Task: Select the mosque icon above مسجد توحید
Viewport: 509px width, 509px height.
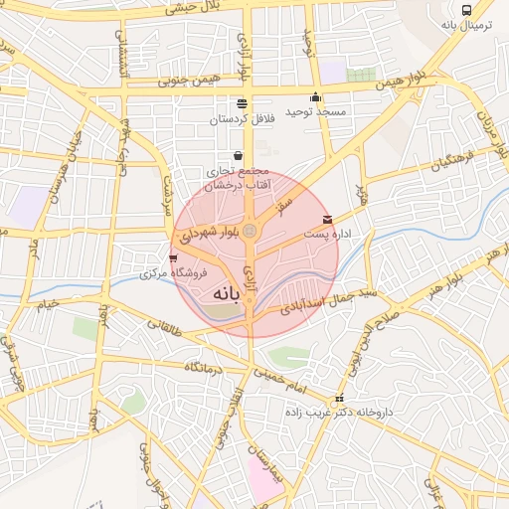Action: [316, 97]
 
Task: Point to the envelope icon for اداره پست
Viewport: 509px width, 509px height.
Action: [327, 220]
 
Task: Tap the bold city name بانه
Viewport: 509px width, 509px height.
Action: [227, 294]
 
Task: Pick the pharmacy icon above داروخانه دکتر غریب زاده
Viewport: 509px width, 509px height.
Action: [339, 399]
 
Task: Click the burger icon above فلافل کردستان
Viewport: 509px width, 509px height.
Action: [242, 103]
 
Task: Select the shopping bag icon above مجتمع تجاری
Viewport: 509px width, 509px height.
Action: [238, 156]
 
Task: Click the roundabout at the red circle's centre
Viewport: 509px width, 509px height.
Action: [251, 232]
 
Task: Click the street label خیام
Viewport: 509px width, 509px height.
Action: [48, 302]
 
